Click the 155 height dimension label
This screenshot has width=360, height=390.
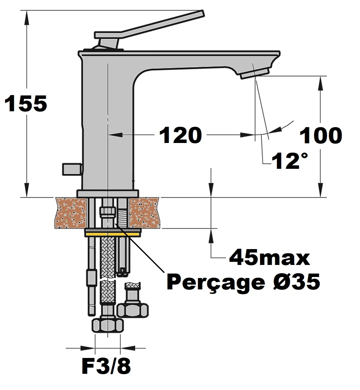(26, 104)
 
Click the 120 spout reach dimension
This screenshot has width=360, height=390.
(180, 135)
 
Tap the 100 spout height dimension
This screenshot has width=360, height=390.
(321, 135)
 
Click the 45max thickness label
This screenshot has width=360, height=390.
(269, 257)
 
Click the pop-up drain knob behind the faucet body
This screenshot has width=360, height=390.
(72, 169)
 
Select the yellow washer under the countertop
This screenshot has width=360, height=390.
(113, 233)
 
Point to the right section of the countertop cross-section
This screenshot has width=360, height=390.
(144, 213)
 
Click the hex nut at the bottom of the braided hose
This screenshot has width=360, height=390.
(108, 325)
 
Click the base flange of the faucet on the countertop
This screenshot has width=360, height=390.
(108, 193)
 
